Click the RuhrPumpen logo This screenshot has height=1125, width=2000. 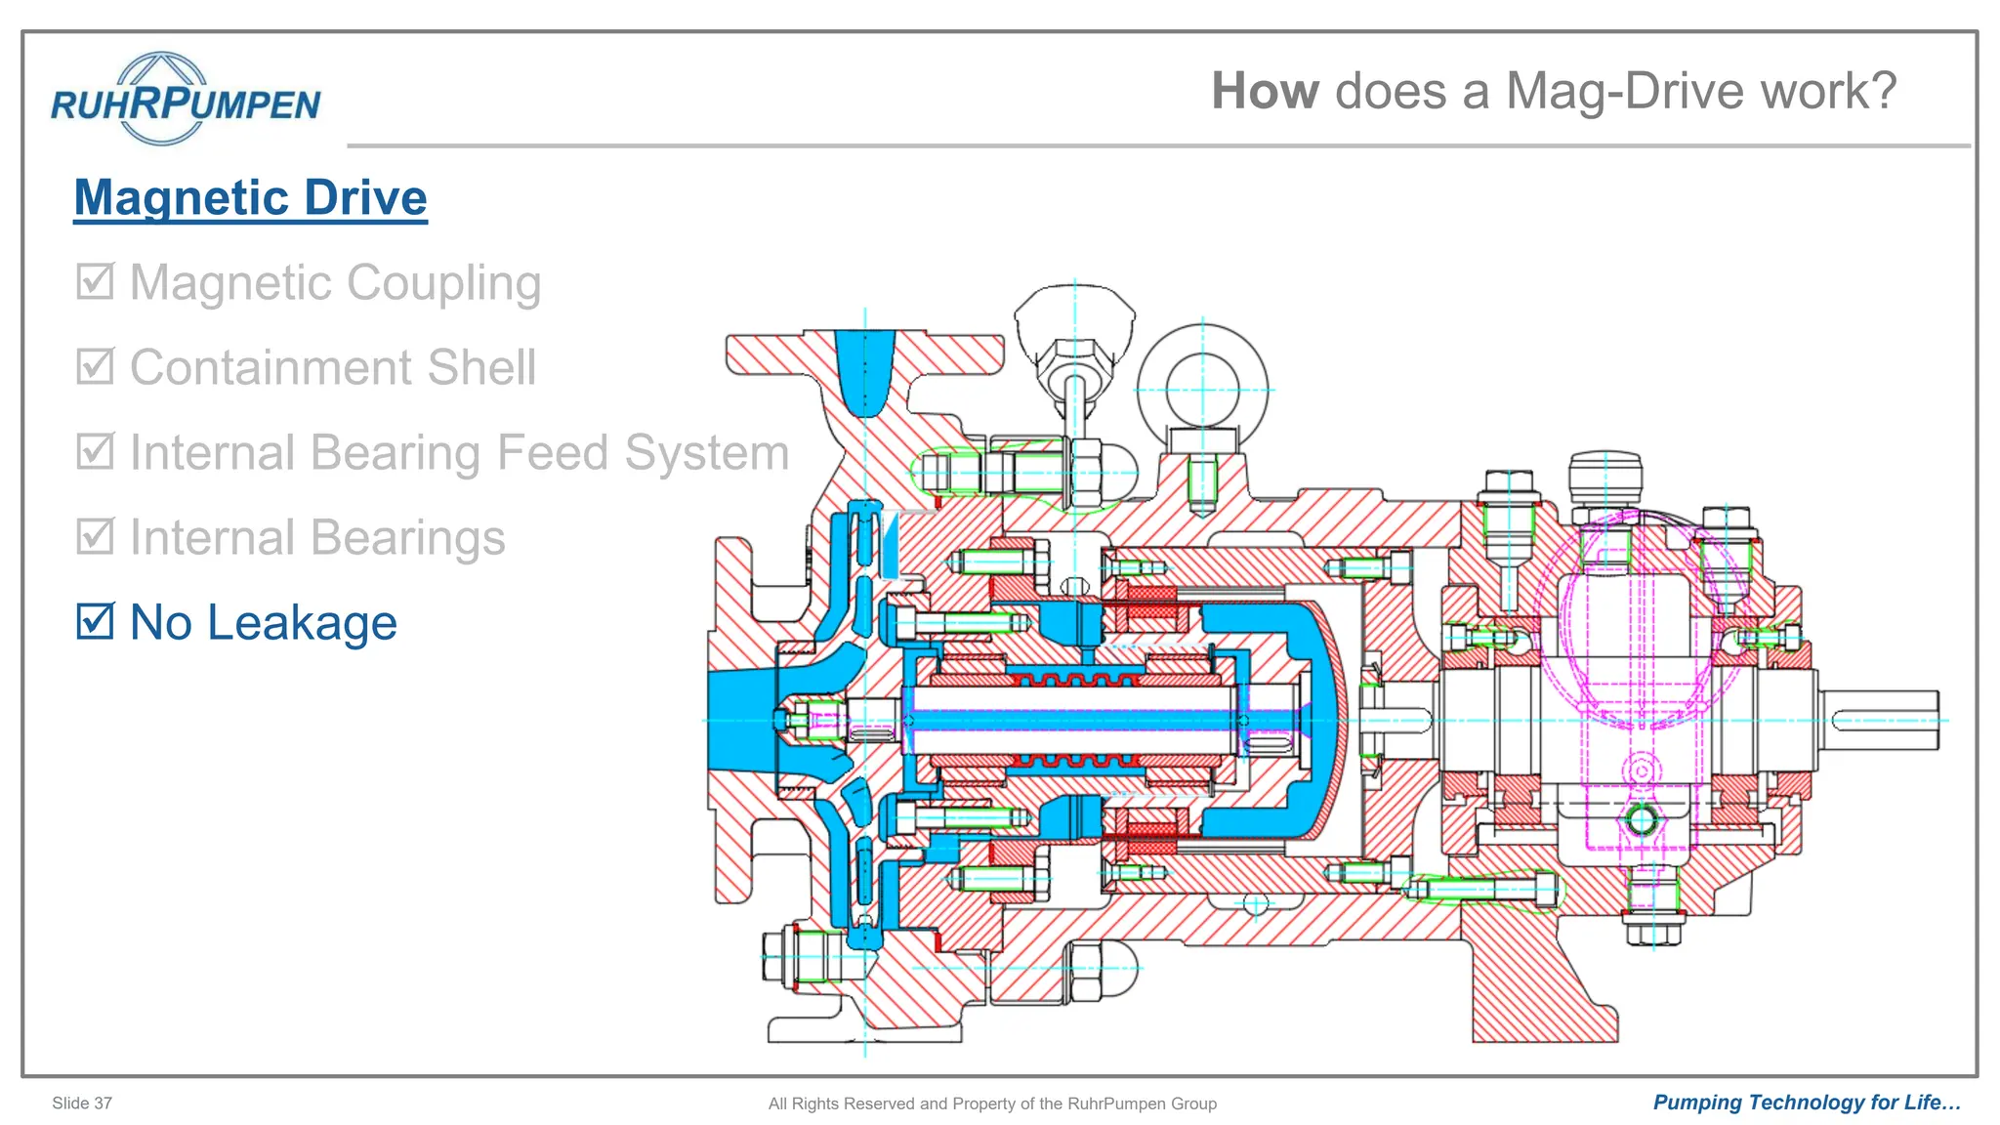[x=185, y=100]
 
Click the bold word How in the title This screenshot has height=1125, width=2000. [x=1265, y=91]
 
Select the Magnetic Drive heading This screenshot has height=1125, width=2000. [x=250, y=197]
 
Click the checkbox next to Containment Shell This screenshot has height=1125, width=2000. [x=96, y=366]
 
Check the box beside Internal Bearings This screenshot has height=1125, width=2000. [x=96, y=536]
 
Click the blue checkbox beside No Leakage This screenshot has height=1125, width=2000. [x=96, y=621]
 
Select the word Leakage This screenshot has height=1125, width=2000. [x=302, y=623]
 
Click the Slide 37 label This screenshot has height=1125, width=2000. [x=82, y=1103]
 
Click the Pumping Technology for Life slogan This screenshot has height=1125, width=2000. [x=1807, y=1103]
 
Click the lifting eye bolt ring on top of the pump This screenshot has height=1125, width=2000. [x=1202, y=389]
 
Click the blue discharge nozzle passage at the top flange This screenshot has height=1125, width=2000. [x=864, y=371]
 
